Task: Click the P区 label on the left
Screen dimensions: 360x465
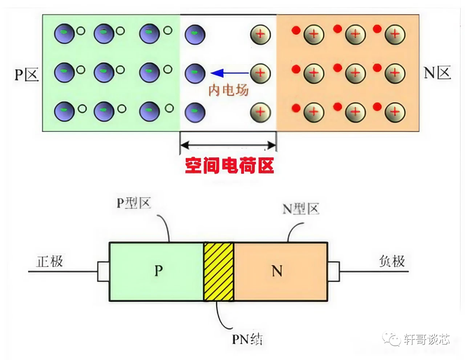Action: (27, 74)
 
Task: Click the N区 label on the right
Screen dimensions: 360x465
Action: (437, 73)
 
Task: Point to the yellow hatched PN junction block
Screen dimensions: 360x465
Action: (218, 272)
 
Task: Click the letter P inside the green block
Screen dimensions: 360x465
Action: (158, 271)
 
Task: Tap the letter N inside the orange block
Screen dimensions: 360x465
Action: (277, 271)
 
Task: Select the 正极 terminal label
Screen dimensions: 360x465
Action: (50, 261)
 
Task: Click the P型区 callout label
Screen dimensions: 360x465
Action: (133, 203)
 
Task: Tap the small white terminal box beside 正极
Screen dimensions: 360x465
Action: (103, 272)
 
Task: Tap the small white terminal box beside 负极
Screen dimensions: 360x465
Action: (334, 272)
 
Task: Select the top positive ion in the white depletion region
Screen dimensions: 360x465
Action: (260, 34)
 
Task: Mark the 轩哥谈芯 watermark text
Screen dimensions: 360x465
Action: (427, 339)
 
